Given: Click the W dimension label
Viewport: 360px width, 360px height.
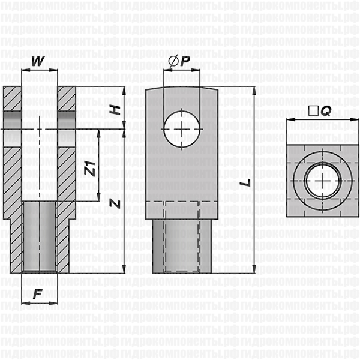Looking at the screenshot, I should [38, 61].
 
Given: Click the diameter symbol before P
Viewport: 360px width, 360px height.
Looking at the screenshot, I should [173, 61].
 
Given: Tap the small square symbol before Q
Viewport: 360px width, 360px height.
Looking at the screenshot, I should [311, 111].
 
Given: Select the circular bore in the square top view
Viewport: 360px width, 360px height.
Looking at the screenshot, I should [323, 181].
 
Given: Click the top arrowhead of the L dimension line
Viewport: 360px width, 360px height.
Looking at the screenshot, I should [255, 91].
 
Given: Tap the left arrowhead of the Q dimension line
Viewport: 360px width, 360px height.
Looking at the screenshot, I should [289, 121].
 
